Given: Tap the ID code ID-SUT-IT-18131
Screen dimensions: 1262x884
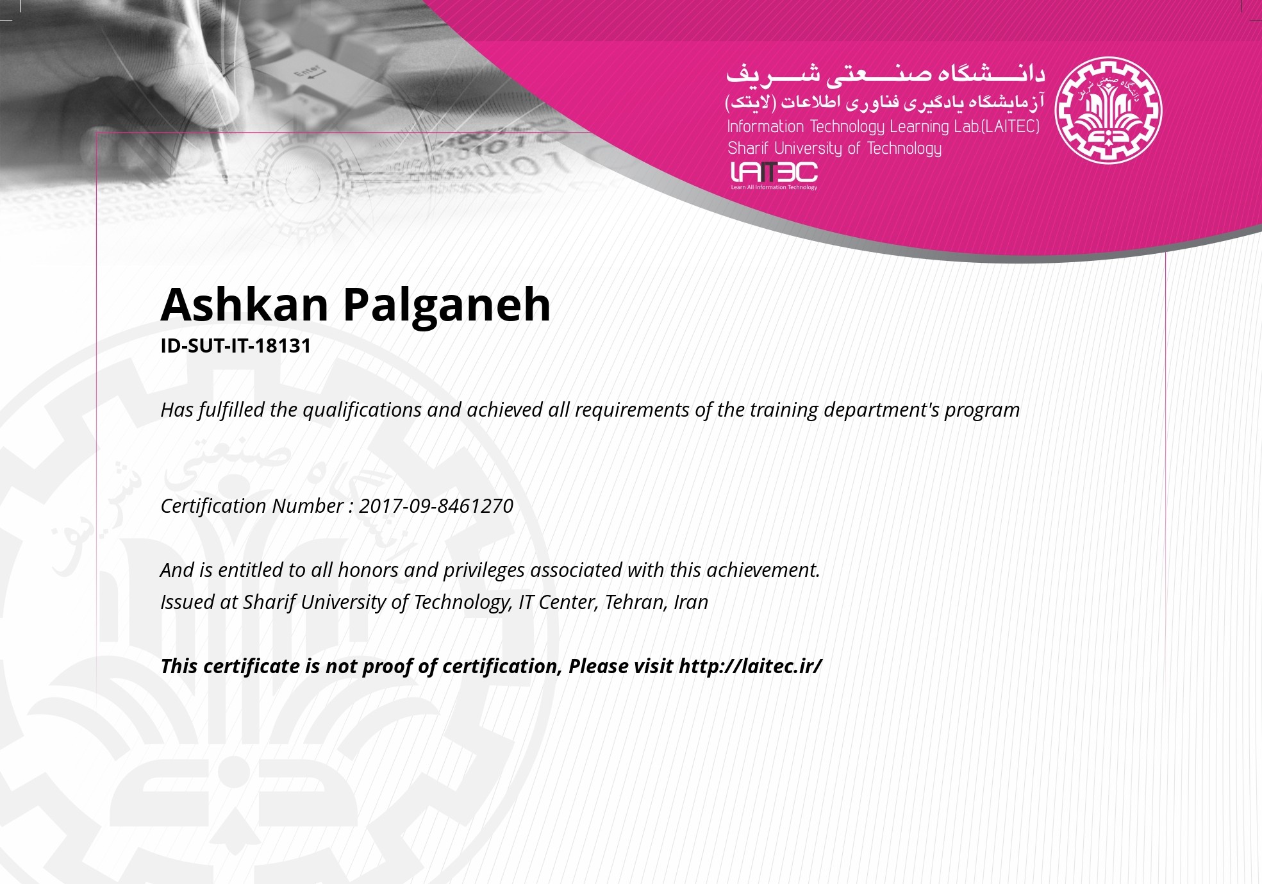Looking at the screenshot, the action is [x=235, y=346].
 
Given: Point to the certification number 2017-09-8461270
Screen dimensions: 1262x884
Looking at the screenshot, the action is [x=436, y=506].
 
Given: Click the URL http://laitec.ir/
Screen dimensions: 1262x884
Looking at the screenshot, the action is [x=750, y=666].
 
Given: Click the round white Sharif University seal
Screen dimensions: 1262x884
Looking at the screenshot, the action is [x=1108, y=110].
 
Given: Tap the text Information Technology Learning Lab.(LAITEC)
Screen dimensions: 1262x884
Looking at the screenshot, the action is [x=883, y=127].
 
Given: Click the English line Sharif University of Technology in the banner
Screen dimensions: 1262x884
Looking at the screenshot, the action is [x=834, y=149].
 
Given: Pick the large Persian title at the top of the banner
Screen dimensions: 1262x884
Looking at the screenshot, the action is [x=885, y=74].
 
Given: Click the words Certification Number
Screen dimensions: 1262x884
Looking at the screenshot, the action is [x=252, y=506].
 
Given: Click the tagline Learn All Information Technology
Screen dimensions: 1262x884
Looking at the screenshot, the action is [x=774, y=187].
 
